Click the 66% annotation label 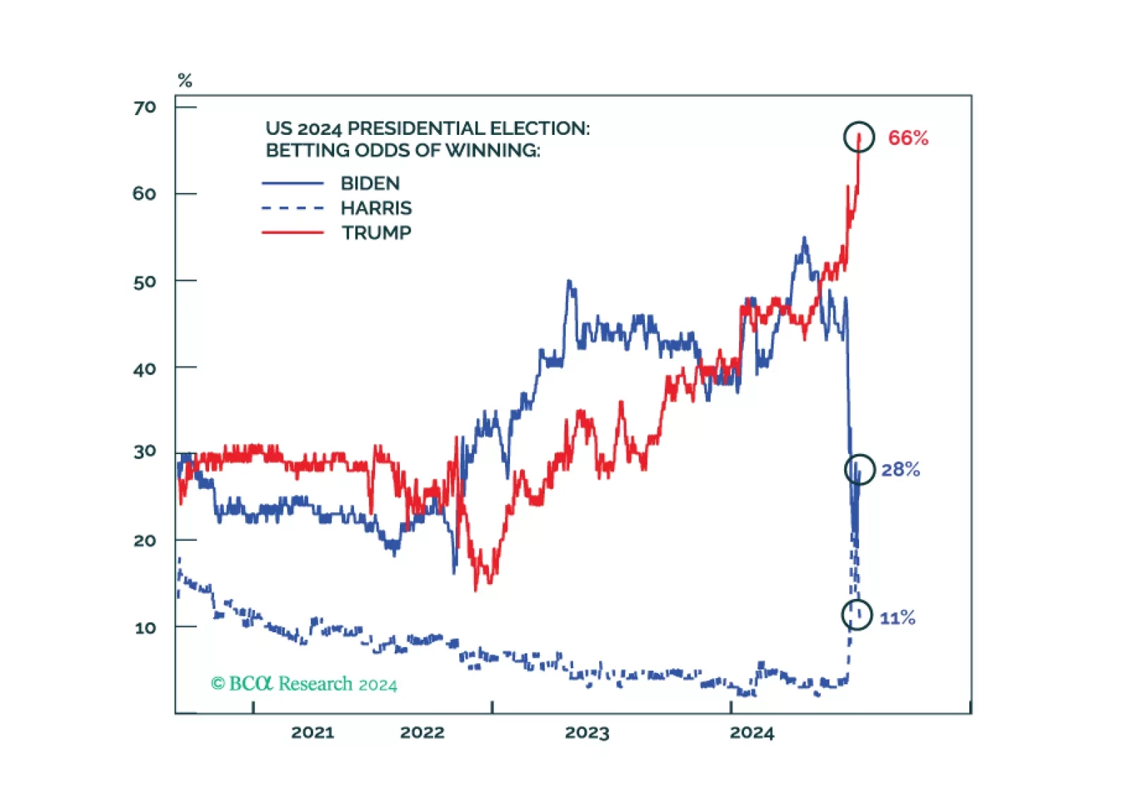[x=908, y=138]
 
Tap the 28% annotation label [x=900, y=470]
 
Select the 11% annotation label [x=897, y=618]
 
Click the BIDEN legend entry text [x=370, y=184]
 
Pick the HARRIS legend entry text [x=376, y=208]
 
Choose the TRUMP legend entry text [x=377, y=233]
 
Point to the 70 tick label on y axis [x=145, y=107]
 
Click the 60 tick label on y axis [x=144, y=194]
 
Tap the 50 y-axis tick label [x=144, y=282]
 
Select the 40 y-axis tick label [x=144, y=369]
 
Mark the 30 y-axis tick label [x=144, y=451]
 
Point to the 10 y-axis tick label [x=145, y=627]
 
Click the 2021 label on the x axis [x=312, y=732]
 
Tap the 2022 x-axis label [x=422, y=732]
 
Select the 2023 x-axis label [x=586, y=732]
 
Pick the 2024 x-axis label [x=752, y=732]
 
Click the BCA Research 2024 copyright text [x=304, y=684]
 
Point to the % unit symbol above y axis [x=185, y=81]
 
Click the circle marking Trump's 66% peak [x=859, y=137]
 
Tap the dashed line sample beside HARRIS [x=292, y=208]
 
